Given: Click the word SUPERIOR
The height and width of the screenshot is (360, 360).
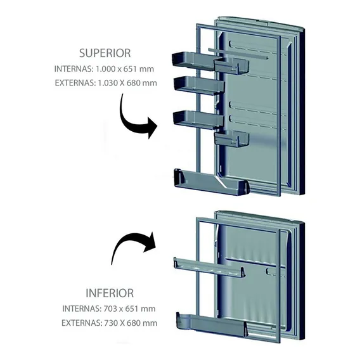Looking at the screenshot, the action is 105,53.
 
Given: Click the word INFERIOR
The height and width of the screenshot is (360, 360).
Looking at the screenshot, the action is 110,293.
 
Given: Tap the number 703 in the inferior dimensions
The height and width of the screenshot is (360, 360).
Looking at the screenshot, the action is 110,309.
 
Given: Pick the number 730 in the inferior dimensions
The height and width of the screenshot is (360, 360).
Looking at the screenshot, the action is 111,323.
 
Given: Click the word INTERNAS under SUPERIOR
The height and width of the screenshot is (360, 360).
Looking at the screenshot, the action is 74,69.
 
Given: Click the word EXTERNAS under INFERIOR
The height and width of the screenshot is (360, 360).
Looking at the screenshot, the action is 82,323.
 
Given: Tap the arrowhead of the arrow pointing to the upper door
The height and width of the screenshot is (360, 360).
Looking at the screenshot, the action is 151,128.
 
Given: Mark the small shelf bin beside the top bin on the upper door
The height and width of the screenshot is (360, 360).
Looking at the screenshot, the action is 232,65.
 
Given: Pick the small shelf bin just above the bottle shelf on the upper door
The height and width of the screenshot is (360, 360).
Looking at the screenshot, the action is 232,138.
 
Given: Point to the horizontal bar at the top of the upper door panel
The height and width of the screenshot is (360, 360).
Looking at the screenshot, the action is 238,53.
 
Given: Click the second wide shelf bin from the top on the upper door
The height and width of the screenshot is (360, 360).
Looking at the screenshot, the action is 198,86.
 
